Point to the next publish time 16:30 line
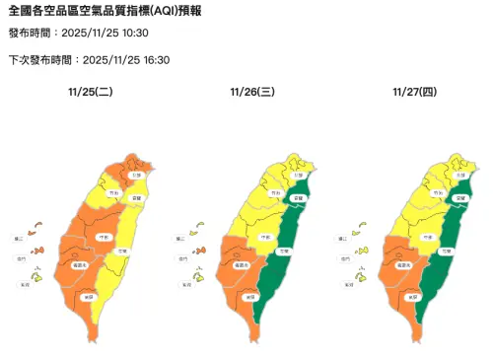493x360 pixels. click(89, 59)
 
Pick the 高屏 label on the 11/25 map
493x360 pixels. click(88, 296)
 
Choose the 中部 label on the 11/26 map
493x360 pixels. click(265, 238)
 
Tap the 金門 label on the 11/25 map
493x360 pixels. click(21, 258)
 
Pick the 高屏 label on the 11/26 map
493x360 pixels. click(249, 296)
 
